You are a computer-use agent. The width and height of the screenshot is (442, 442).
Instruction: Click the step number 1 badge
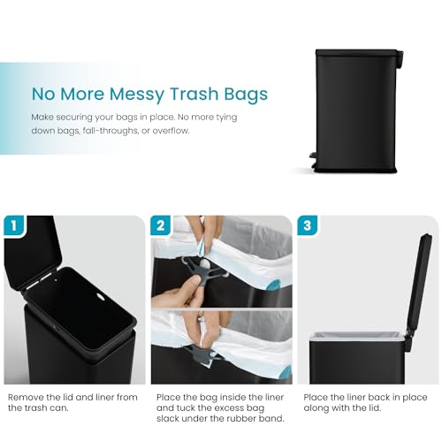click(14, 225)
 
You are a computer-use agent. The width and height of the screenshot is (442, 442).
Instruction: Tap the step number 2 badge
click(160, 225)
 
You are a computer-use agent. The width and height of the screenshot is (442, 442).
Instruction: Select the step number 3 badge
click(307, 225)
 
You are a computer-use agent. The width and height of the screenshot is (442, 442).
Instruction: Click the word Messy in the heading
click(137, 94)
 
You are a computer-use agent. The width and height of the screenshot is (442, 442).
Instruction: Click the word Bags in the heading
click(246, 95)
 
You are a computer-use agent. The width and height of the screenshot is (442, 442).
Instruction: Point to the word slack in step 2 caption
click(167, 418)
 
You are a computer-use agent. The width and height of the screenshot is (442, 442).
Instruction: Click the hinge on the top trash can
click(400, 58)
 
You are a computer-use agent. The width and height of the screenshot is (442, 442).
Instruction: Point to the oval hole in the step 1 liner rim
click(101, 297)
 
